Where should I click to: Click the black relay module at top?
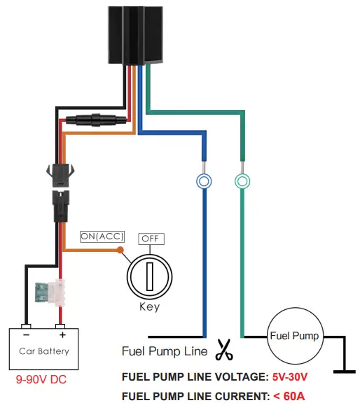[136, 34]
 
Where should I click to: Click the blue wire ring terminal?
[203, 181]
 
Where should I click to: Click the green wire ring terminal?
[242, 181]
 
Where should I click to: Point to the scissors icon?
[224, 348]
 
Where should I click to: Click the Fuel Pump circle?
[294, 337]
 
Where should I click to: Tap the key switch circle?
[148, 274]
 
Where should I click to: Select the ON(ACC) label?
[102, 236]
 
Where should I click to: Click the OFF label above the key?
[151, 239]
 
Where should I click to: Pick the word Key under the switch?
[149, 306]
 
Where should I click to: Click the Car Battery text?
[44, 351]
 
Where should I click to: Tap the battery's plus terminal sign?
[61, 327]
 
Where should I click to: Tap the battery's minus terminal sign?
[25, 327]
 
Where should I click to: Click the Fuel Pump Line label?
[165, 351]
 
